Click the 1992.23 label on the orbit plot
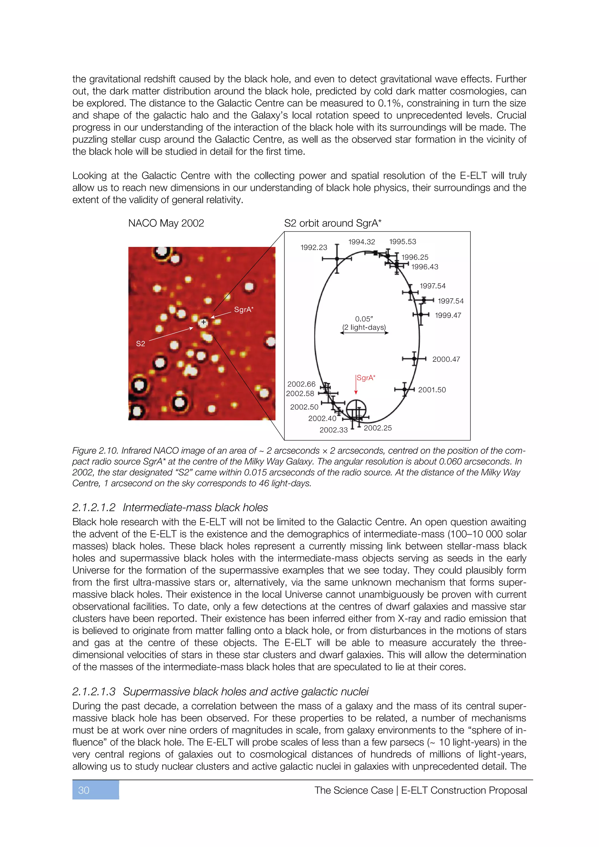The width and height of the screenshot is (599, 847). point(314,247)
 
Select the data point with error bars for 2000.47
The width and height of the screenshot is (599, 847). point(414,359)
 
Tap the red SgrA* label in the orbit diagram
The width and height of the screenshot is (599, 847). point(366,378)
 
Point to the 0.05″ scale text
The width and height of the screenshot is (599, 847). point(364,319)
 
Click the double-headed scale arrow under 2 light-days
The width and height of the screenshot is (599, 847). point(364,333)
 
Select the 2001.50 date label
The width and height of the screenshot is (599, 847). point(432,390)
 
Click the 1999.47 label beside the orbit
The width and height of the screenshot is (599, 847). point(448,315)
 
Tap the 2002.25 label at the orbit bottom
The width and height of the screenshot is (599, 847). point(378,428)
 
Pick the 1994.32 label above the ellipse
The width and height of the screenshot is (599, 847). point(362,242)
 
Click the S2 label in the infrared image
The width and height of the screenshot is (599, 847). point(140,344)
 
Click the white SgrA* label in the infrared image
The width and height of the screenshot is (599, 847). point(243,309)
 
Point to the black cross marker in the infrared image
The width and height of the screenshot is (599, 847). point(203,322)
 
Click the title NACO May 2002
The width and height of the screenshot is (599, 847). point(166,223)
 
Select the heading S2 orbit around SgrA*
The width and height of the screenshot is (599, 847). point(333,223)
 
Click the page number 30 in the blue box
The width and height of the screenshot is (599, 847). point(84,790)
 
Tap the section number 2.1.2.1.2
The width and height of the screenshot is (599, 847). point(94,508)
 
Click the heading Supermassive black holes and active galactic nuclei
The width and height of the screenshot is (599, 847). point(246,692)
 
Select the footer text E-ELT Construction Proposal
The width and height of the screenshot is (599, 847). point(464,790)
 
